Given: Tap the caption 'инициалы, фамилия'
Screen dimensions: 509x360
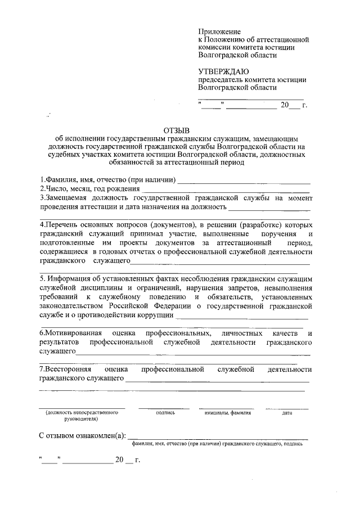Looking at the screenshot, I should [227, 413].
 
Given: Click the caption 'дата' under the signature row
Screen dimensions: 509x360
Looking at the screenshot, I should [287, 413].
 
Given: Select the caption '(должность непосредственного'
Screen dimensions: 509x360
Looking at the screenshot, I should [82, 413].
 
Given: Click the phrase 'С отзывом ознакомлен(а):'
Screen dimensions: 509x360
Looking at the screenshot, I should [83, 435].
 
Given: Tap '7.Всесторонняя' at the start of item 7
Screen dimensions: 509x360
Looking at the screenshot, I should [63, 370].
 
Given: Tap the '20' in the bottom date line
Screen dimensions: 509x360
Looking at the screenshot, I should [119, 460].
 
